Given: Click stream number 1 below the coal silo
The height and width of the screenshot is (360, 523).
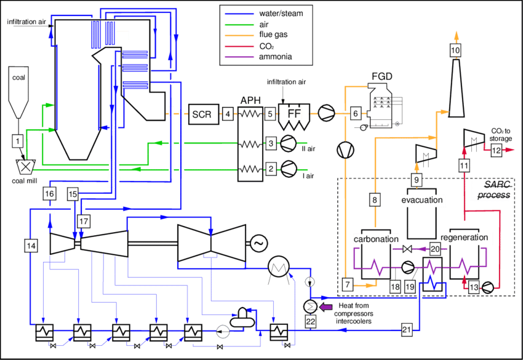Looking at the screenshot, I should point(18,142).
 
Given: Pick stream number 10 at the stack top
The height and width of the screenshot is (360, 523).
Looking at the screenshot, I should point(455,50).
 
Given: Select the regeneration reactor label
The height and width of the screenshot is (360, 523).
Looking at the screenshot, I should point(465,238).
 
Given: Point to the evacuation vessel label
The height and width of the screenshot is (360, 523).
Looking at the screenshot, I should point(421,201).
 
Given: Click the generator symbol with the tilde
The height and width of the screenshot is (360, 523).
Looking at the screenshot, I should point(257,244).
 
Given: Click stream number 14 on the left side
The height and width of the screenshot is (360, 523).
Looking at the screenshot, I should point(31,245).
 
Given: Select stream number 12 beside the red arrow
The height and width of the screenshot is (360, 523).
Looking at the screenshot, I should point(496,149).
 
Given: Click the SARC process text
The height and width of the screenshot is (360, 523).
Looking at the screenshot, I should point(492,190).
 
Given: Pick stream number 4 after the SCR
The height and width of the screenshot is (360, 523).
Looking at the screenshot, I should point(228,114).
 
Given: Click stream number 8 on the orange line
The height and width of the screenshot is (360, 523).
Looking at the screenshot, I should point(374,199).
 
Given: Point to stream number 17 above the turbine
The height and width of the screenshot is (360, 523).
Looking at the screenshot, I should point(84,220).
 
